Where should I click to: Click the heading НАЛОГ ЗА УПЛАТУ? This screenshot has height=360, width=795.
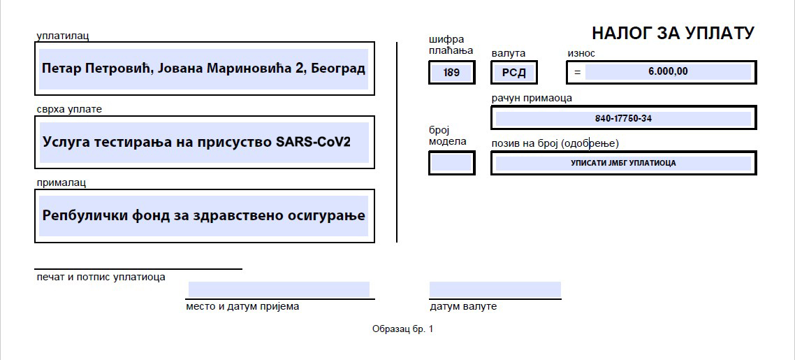[x=673, y=34]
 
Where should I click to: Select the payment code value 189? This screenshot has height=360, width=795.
[x=451, y=73]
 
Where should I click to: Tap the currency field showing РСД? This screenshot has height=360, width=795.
[x=513, y=73]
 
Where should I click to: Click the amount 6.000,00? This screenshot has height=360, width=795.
[x=668, y=71]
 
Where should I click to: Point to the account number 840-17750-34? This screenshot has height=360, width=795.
[x=623, y=119]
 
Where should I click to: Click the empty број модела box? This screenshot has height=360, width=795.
[x=452, y=164]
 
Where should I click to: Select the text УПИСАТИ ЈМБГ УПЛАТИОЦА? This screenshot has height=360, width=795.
[x=623, y=164]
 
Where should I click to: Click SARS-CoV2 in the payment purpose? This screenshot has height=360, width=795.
[x=313, y=141]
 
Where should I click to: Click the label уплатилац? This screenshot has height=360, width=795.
[x=63, y=36]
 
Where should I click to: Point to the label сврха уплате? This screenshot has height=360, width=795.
[x=69, y=110]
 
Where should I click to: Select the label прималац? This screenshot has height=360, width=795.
[x=61, y=182]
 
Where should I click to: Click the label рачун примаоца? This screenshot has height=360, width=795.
[x=532, y=98]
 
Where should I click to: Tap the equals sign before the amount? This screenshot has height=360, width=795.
[x=577, y=72]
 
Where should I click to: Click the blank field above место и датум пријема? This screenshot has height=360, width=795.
[x=279, y=289]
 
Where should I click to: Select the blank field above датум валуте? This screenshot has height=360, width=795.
[x=495, y=289]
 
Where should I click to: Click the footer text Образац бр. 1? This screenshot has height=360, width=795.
[x=402, y=329]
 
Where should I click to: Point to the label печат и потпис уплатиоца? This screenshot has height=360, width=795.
[x=101, y=278]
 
